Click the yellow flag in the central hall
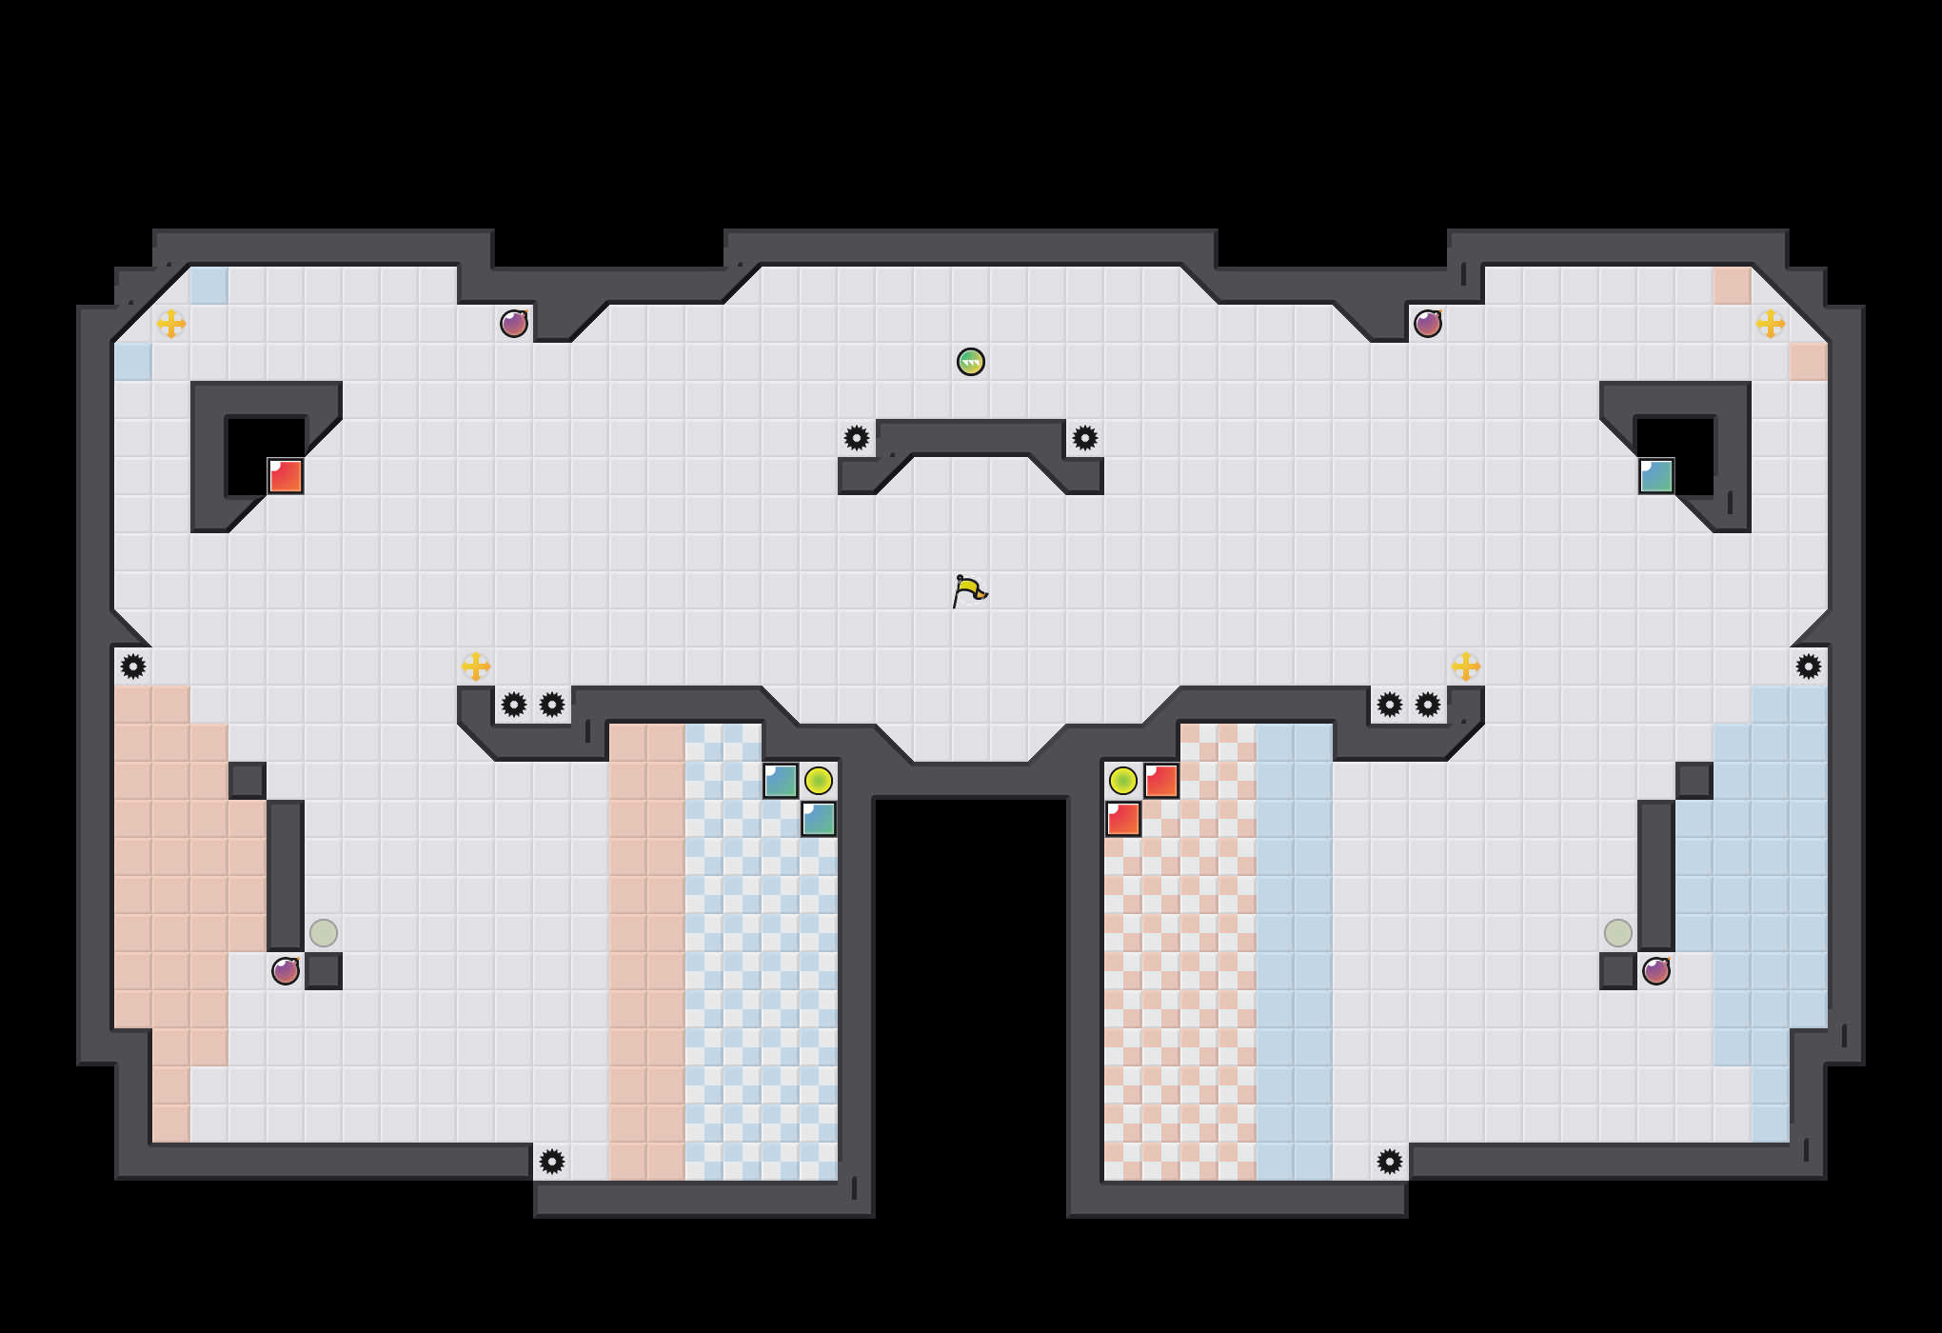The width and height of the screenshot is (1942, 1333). pos(969,591)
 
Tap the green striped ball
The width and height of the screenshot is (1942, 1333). pos(971,362)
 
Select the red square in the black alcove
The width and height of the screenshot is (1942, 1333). pos(286,476)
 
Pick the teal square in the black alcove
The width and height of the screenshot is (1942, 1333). pos(1656,476)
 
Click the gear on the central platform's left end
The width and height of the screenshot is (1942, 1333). pos(857,438)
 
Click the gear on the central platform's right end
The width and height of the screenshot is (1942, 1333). pos(1085,438)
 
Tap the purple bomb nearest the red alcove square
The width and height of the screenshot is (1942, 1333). pos(514,324)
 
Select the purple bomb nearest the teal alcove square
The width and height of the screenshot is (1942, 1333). pos(1428,324)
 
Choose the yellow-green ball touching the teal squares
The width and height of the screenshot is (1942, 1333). pos(819,781)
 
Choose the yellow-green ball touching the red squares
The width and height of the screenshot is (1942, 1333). pos(1123,781)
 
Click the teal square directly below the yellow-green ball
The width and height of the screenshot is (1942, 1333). pos(819,819)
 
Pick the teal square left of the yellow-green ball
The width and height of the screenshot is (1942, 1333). pos(781,781)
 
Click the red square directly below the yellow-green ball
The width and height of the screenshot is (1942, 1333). pos(1123,819)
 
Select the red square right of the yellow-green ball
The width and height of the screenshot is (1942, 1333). pos(1161,781)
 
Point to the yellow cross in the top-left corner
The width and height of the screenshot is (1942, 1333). pos(171,324)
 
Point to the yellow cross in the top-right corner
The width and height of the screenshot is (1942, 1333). pos(1771,324)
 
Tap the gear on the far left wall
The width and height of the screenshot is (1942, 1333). pos(133,666)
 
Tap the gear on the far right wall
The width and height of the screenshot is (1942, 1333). pos(1809,666)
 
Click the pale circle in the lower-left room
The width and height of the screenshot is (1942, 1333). pos(324,933)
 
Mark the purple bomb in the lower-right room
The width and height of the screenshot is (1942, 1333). pos(1656,971)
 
